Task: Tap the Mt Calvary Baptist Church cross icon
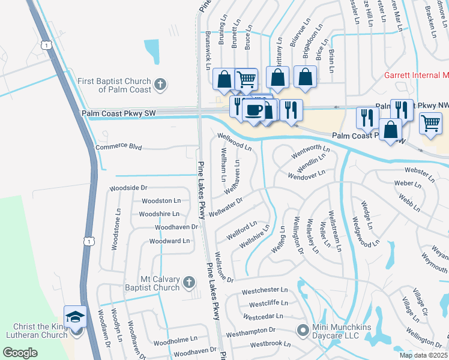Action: point(188,282)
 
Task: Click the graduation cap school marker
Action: point(76,316)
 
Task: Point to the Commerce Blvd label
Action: point(118,146)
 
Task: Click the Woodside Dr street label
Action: point(127,188)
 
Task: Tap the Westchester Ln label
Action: point(265,291)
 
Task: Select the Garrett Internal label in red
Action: point(417,76)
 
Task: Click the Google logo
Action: point(20,353)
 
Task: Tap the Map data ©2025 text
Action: point(423,355)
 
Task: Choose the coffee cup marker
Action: point(254,110)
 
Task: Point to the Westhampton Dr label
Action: point(250,331)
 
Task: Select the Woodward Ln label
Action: point(169,241)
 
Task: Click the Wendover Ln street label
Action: point(306,175)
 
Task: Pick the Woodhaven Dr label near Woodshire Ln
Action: point(176,227)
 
